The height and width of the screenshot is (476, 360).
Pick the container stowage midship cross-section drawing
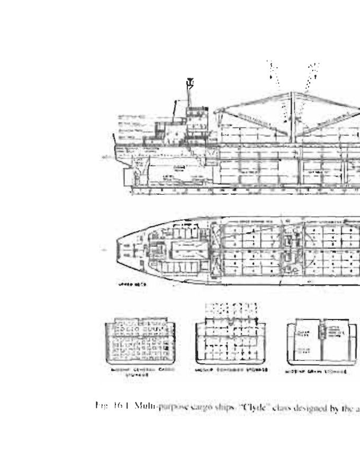tap(231, 342)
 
